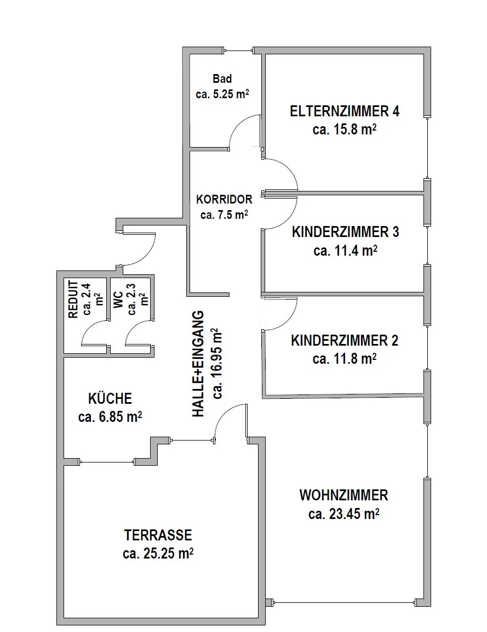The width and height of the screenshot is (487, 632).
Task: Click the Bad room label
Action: tap(222, 78)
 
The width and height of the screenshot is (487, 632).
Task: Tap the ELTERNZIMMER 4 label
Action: tap(345, 111)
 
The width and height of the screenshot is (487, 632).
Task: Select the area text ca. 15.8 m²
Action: tap(345, 130)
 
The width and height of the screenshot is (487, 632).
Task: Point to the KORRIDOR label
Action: tap(224, 199)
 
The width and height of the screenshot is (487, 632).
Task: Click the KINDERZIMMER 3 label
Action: tap(345, 232)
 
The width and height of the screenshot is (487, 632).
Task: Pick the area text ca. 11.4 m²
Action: tap(345, 251)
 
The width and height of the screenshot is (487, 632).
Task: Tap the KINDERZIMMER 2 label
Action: tap(345, 341)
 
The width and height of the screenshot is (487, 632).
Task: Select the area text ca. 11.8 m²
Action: tap(345, 358)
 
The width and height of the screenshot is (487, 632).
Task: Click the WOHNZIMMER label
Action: tap(343, 495)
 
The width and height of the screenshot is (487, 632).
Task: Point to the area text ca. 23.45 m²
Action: tap(343, 514)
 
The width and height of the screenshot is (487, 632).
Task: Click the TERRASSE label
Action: tap(158, 535)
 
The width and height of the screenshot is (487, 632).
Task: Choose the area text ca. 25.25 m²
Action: tap(158, 554)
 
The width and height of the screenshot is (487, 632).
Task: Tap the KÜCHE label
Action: tap(110, 399)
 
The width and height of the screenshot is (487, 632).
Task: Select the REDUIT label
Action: tap(73, 300)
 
